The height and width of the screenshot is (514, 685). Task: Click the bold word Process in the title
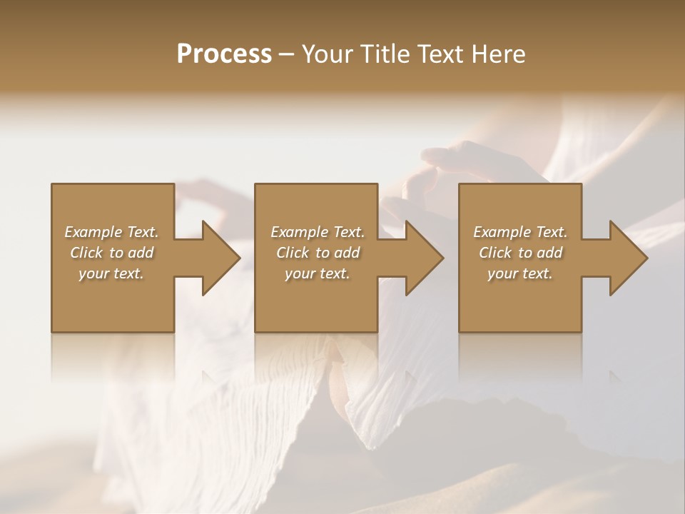click(224, 54)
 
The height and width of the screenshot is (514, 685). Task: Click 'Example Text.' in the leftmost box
click(111, 232)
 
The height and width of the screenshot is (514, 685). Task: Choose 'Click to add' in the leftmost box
click(111, 253)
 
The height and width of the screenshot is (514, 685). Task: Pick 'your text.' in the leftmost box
click(111, 273)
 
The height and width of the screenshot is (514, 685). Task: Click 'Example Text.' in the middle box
click(318, 232)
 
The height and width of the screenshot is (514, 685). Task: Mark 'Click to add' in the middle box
click(318, 253)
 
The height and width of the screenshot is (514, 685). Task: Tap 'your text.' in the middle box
click(318, 273)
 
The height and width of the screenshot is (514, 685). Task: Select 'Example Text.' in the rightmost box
click(520, 232)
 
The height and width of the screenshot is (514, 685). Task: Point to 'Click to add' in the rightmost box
click(520, 253)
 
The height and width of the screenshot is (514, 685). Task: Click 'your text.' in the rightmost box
click(520, 273)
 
